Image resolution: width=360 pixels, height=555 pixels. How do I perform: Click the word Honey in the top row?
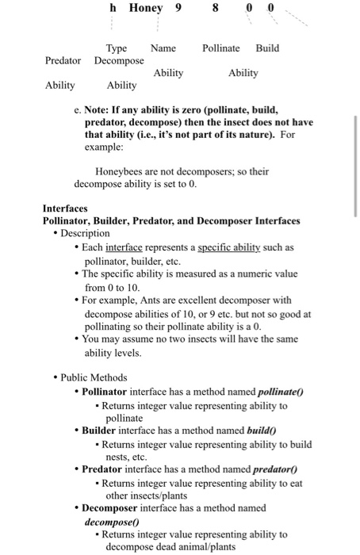[145, 8]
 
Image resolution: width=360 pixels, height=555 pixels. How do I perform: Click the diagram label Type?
[117, 48]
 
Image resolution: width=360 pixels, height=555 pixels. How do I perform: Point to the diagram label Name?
[163, 48]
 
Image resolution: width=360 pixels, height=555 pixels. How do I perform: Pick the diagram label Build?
[267, 48]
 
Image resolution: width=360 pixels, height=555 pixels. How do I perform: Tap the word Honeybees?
[120, 170]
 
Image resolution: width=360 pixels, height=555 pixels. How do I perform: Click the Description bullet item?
[84, 233]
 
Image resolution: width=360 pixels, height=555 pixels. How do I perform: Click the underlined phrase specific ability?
[228, 247]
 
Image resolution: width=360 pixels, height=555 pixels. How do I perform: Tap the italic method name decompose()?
[112, 522]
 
